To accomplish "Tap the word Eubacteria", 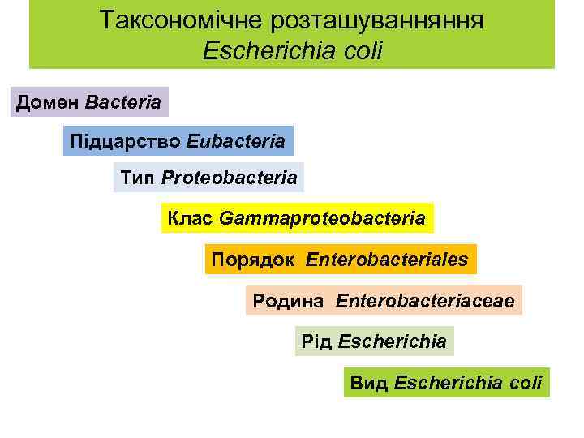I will pos(236,141).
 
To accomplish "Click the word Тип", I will pos(137,177).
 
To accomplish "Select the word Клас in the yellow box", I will pos(190,218).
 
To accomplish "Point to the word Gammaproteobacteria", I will pos(322,218).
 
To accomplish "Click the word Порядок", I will pos(248,260).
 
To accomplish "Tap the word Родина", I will pos(287,301).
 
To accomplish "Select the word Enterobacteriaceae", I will pos(425,301).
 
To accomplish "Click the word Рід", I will pos(316,341).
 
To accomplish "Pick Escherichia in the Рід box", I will pos(393,341).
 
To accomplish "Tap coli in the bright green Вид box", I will pos(526,382).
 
